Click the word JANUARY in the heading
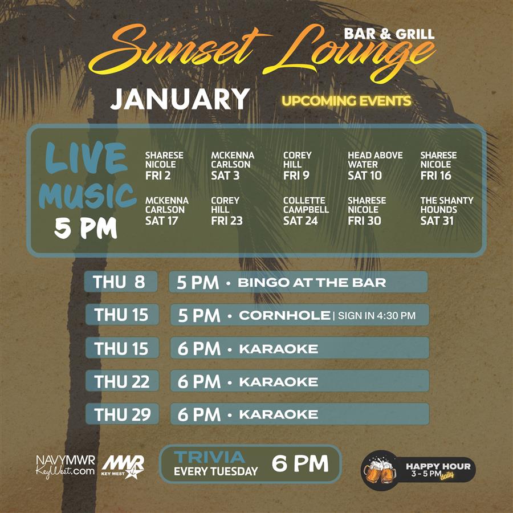tap(180, 99)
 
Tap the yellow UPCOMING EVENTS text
tap(346, 101)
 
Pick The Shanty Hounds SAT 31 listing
tap(446, 211)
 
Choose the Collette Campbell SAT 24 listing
tap(306, 211)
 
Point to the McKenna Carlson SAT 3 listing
tap(232, 165)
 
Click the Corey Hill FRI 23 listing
tap(226, 211)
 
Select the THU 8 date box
tap(121, 282)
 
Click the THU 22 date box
tap(122, 381)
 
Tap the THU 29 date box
tap(122, 414)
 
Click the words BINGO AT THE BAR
tap(312, 282)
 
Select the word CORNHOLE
tap(284, 315)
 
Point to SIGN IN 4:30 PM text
tap(377, 315)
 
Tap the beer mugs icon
tap(380, 470)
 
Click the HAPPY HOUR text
tap(438, 466)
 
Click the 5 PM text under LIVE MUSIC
tap(85, 229)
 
